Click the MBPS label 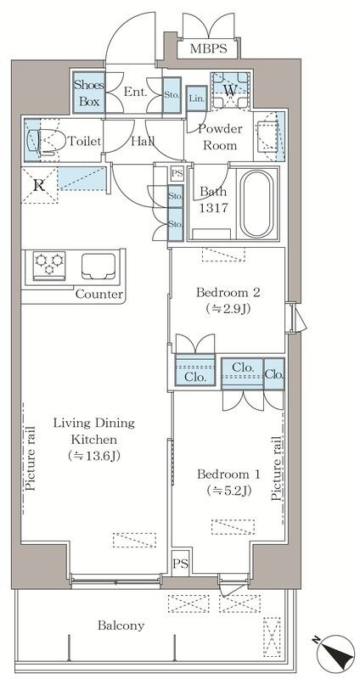click(208, 48)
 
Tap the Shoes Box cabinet click(89, 93)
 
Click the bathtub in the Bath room click(257, 204)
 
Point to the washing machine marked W click(230, 90)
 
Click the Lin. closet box click(196, 98)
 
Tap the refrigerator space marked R click(39, 185)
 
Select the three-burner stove click(49, 266)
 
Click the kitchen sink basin click(98, 267)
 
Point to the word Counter click(99, 295)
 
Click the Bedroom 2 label click(228, 292)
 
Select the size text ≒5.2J click(229, 491)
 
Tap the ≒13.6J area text click(94, 456)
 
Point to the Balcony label click(121, 626)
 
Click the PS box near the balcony click(181, 564)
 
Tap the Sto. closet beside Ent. click(172, 95)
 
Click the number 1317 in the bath click(213, 208)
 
